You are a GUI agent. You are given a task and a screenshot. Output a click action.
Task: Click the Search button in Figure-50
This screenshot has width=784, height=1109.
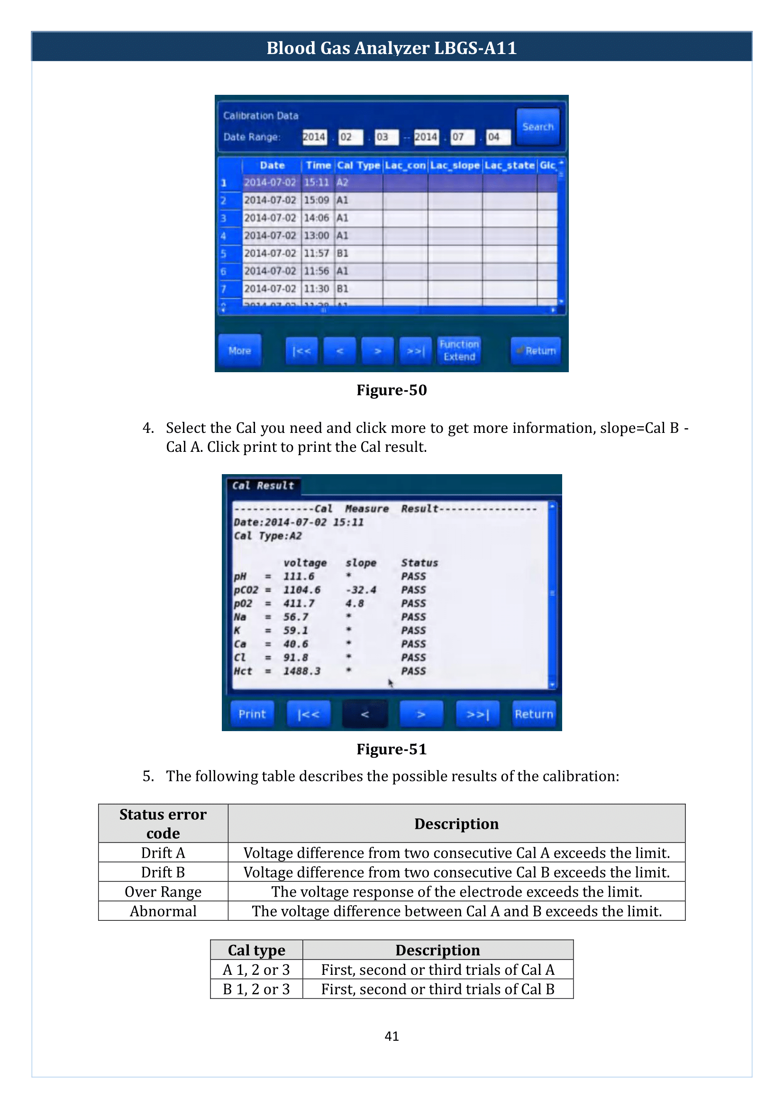click(538, 127)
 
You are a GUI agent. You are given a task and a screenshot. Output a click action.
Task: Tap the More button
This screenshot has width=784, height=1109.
click(239, 351)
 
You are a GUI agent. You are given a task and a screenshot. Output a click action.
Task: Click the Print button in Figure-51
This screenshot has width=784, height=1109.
click(252, 714)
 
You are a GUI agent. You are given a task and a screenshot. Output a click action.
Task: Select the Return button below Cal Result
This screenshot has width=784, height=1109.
click(533, 714)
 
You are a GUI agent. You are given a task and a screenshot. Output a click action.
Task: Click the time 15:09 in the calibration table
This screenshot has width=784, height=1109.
click(316, 200)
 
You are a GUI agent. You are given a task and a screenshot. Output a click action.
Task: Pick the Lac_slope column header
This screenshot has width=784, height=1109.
click(455, 165)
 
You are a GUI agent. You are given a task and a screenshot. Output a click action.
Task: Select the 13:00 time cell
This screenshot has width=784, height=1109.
click(316, 236)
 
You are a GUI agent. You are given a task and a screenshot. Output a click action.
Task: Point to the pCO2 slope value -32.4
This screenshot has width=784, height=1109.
click(361, 590)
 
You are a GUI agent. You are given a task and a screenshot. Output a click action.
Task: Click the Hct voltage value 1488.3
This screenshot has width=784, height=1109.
click(302, 671)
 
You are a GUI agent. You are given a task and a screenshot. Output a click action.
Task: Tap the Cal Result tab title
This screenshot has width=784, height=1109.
click(263, 486)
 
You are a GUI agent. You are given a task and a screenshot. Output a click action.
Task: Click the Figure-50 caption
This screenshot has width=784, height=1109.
click(392, 390)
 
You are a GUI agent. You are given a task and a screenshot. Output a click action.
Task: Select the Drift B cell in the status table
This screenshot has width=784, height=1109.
click(163, 872)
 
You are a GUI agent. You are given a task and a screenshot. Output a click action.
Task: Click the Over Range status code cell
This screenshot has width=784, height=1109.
click(163, 892)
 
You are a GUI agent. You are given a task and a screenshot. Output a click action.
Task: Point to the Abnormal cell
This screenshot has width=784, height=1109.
click(163, 911)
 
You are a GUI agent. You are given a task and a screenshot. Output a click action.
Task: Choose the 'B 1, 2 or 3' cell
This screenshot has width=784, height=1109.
click(256, 989)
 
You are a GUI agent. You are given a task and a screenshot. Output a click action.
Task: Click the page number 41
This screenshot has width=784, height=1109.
click(392, 1036)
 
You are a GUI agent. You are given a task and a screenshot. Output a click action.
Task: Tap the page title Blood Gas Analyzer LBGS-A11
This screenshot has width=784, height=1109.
click(392, 48)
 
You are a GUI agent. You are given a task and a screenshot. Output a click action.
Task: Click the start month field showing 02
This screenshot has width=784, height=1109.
click(349, 137)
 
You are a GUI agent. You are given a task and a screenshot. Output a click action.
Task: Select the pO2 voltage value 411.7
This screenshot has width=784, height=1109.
click(299, 603)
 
